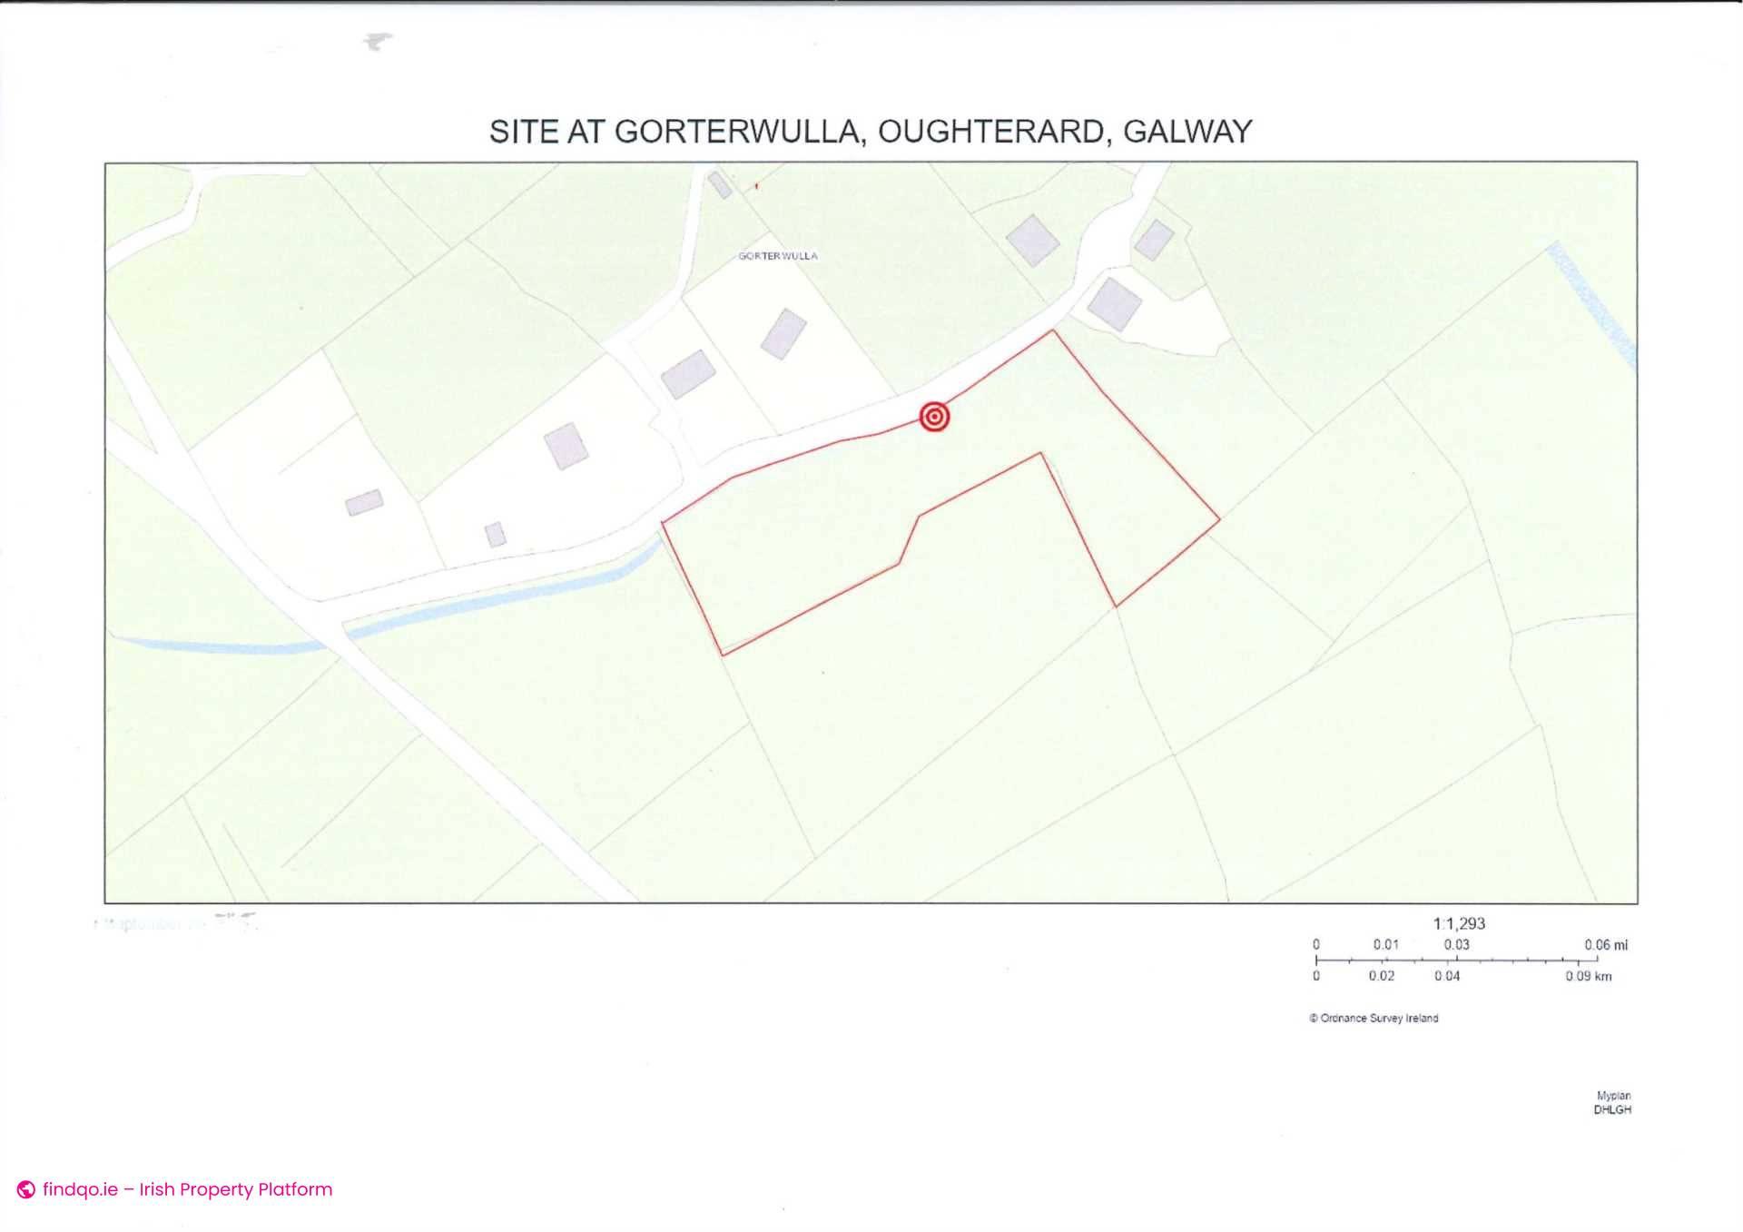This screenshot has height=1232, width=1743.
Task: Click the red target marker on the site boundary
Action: (934, 417)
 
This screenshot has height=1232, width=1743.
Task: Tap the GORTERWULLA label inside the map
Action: (777, 256)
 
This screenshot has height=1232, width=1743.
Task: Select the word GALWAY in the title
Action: (1187, 133)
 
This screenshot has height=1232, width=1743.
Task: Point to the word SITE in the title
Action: (524, 133)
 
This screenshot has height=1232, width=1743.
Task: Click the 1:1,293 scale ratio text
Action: (1459, 923)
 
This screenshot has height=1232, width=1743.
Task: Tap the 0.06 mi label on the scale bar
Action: (1605, 945)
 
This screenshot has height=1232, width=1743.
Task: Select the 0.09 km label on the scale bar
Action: (1588, 977)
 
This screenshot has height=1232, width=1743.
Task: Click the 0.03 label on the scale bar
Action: (1456, 945)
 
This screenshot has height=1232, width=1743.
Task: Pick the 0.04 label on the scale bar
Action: (1447, 977)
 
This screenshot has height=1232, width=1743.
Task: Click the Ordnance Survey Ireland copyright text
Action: (1374, 1019)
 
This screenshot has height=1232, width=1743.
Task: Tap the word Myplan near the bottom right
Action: (1613, 1096)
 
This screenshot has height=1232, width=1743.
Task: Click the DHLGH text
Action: (1612, 1109)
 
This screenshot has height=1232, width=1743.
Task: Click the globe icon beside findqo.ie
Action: (26, 1189)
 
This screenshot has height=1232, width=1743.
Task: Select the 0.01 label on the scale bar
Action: (1385, 945)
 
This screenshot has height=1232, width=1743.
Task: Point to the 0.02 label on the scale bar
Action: (1382, 977)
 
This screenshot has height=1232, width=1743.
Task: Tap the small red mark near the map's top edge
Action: (756, 186)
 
